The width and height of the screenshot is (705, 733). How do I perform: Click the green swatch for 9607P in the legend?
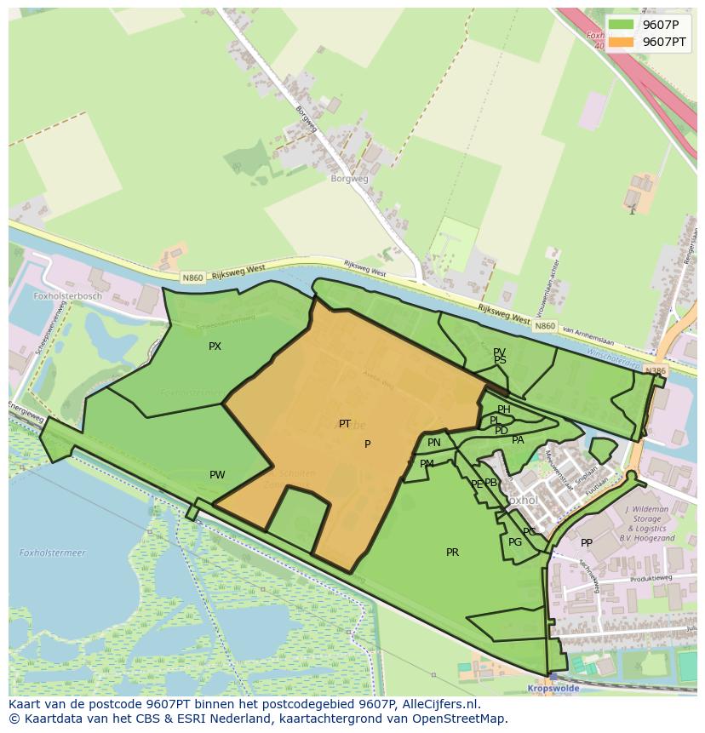621,25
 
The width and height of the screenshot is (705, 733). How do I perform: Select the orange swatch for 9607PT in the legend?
621,42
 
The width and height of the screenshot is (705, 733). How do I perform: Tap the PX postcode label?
215,346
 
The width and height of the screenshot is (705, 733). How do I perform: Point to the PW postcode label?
217,475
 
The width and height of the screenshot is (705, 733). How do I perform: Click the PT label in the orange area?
345,424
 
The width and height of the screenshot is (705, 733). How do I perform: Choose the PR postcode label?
452,553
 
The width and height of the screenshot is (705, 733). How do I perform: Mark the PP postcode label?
587,543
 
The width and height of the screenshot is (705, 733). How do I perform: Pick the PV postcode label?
499,352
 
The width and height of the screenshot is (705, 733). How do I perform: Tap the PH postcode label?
504,409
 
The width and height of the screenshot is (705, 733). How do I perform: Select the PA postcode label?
518,440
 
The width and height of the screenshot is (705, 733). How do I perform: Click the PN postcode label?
434,443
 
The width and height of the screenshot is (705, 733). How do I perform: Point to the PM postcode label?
427,464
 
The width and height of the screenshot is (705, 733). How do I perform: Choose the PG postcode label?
515,542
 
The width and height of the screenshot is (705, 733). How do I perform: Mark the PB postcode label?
490,483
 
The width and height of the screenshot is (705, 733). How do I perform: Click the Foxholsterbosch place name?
67,296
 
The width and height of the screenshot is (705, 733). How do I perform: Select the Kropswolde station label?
553,687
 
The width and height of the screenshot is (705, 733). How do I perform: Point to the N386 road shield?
655,371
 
